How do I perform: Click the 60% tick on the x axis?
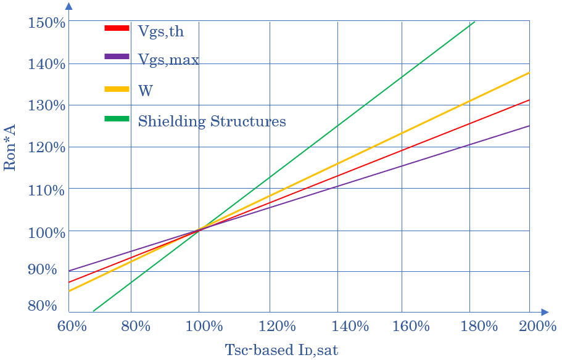[x=72, y=326]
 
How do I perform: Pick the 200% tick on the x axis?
[x=537, y=326]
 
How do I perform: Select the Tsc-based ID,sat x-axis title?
[x=281, y=350]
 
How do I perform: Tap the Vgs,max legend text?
[x=168, y=60]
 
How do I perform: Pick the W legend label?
[x=146, y=91]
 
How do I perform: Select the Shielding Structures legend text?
[x=212, y=121]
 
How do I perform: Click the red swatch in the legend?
[x=117, y=28]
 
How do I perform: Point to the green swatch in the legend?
[x=117, y=118]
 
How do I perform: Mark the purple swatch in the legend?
[x=117, y=57]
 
